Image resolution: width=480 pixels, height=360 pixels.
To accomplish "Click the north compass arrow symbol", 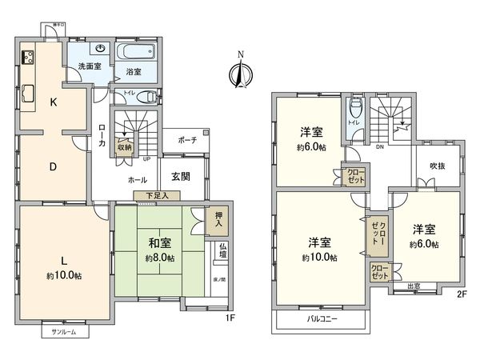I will click(x=237, y=73).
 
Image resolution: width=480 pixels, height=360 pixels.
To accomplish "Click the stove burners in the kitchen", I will click(x=27, y=58).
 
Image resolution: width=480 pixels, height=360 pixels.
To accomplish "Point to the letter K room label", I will click(x=53, y=102).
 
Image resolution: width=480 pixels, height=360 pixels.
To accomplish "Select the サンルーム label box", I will click(x=65, y=330).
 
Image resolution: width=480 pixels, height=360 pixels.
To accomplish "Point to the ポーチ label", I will click(x=187, y=140).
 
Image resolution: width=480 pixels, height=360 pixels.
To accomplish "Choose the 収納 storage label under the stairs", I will click(x=124, y=146).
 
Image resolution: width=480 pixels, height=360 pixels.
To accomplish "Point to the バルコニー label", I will click(x=324, y=318).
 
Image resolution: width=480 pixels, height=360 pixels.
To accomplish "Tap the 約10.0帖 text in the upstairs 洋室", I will click(x=319, y=258).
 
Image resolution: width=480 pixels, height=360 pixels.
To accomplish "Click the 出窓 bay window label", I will click(x=414, y=286).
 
